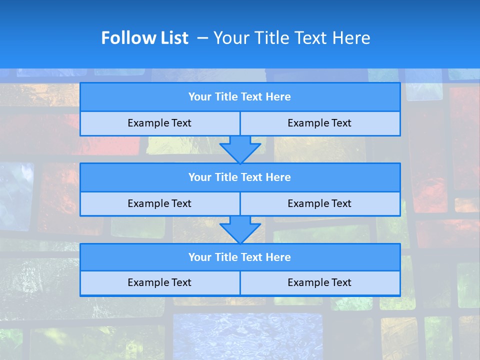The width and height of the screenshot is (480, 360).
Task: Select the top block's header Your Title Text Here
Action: click(239, 97)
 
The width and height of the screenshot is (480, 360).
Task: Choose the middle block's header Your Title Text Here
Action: click(239, 177)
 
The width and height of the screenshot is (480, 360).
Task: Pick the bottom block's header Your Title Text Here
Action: click(239, 257)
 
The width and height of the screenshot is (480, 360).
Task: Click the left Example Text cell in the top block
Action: click(159, 123)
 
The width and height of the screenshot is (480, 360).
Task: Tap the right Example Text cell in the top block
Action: click(319, 123)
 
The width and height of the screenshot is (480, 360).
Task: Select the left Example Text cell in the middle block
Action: click(159, 203)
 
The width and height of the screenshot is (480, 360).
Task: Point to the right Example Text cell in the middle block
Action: click(319, 203)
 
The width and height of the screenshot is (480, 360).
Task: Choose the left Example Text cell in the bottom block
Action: click(159, 282)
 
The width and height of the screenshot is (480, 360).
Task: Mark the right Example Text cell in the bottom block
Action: click(319, 282)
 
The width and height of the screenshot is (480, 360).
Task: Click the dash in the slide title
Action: click(202, 38)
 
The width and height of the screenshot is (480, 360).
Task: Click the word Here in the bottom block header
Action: click(278, 257)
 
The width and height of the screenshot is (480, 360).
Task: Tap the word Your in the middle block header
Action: click(199, 177)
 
